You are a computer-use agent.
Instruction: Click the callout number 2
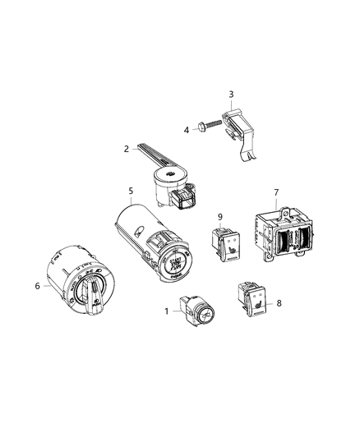pos(126,149)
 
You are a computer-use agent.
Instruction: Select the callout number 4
pos(186,130)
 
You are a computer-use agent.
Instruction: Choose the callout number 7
pos(275,192)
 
